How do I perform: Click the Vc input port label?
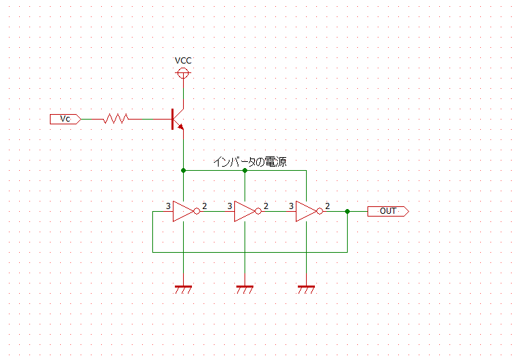click(x=66, y=119)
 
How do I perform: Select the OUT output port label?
click(x=388, y=211)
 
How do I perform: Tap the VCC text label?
click(x=183, y=61)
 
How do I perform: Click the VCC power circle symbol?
click(x=183, y=73)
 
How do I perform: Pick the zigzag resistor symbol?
click(x=115, y=118)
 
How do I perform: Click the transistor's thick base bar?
click(x=172, y=119)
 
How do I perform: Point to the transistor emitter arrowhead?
click(x=180, y=126)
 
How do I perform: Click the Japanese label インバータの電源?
click(x=250, y=162)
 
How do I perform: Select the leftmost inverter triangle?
click(x=183, y=211)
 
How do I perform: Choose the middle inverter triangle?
click(x=245, y=211)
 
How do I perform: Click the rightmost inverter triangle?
click(x=306, y=211)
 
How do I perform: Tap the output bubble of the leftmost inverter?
click(x=197, y=211)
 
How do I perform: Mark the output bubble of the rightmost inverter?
click(x=320, y=211)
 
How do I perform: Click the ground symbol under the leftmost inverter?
click(x=183, y=290)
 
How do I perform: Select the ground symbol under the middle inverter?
click(x=245, y=290)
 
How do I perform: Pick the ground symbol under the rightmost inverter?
click(x=306, y=290)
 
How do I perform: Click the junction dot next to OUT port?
click(x=348, y=211)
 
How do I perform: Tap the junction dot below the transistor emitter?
click(x=183, y=171)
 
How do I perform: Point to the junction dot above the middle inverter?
click(x=245, y=171)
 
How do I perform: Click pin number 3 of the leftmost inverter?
click(x=168, y=206)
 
